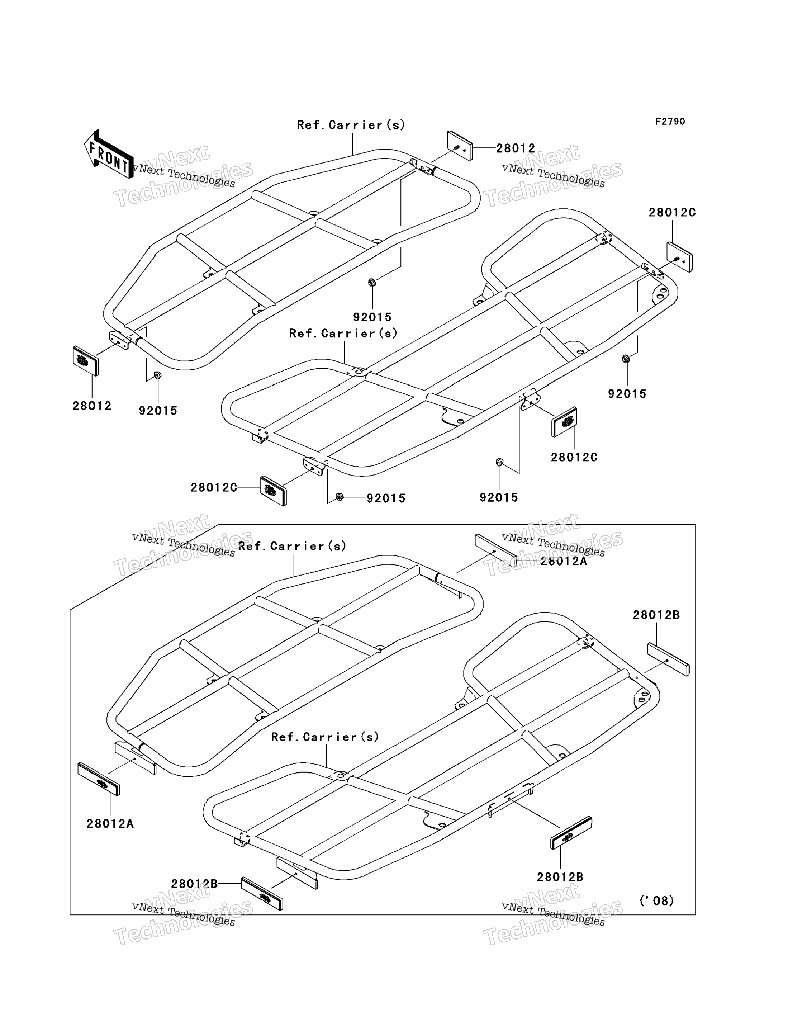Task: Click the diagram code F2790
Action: point(670,122)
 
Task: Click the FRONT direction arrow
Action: point(108,154)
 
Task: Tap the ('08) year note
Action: point(656,900)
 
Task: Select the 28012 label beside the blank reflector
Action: point(516,148)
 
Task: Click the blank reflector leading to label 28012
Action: point(460,146)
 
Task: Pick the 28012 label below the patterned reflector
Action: point(92,406)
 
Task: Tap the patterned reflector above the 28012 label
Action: point(86,361)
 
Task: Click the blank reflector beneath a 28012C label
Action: point(679,257)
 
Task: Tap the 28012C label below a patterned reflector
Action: point(574,457)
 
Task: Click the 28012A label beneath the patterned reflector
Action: point(110,824)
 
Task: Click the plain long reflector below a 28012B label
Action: point(668,659)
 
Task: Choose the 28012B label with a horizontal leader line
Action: point(194,884)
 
